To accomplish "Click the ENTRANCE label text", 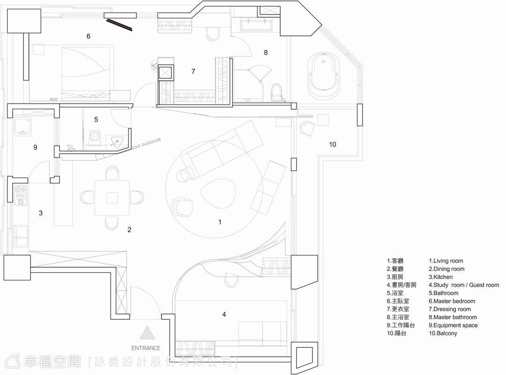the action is pyautogui.click(x=146, y=348).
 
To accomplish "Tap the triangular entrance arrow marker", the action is pyautogui.click(x=147, y=333).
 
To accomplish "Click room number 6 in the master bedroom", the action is pyautogui.click(x=89, y=36).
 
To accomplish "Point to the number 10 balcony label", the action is pyautogui.click(x=332, y=144).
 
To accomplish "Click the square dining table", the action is pyautogui.click(x=112, y=198).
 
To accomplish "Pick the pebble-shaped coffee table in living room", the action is pyautogui.click(x=218, y=194).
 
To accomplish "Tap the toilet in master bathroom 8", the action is pyautogui.click(x=276, y=92).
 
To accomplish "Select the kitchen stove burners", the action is pyautogui.click(x=20, y=195).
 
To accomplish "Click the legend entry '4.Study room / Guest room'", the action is pyautogui.click(x=464, y=285).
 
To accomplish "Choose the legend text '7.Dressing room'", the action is pyautogui.click(x=449, y=309).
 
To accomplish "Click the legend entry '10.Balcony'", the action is pyautogui.click(x=443, y=333).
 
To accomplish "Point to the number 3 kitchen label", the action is pyautogui.click(x=41, y=213).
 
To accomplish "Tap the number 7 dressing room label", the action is pyautogui.click(x=193, y=71).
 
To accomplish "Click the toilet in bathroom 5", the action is pyautogui.click(x=94, y=136).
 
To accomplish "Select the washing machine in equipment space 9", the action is pyautogui.click(x=22, y=127).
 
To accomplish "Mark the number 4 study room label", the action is pyautogui.click(x=224, y=314).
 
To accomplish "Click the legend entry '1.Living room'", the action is pyautogui.click(x=446, y=261).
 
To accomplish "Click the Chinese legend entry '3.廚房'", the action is pyautogui.click(x=395, y=277).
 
